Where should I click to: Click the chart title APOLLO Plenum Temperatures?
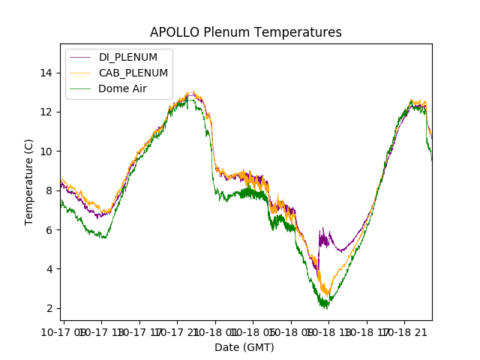[245, 32]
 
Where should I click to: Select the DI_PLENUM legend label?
[128, 58]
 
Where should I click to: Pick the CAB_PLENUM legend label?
[133, 73]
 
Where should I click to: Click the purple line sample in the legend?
[81, 58]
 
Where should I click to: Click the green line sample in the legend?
[81, 88]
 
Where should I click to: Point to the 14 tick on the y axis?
[46, 73]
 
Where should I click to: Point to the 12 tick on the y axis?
[46, 112]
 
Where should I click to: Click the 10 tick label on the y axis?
[46, 151]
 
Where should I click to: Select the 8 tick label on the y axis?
[49, 190]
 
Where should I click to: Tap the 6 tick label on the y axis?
[49, 229]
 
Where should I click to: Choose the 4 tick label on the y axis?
[49, 269]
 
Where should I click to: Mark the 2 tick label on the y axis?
[49, 308]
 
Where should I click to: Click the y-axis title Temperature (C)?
[29, 181]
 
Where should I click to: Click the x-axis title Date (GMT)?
[244, 347]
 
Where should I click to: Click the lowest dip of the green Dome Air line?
[325, 306]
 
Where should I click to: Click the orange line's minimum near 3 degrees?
[326, 292]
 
